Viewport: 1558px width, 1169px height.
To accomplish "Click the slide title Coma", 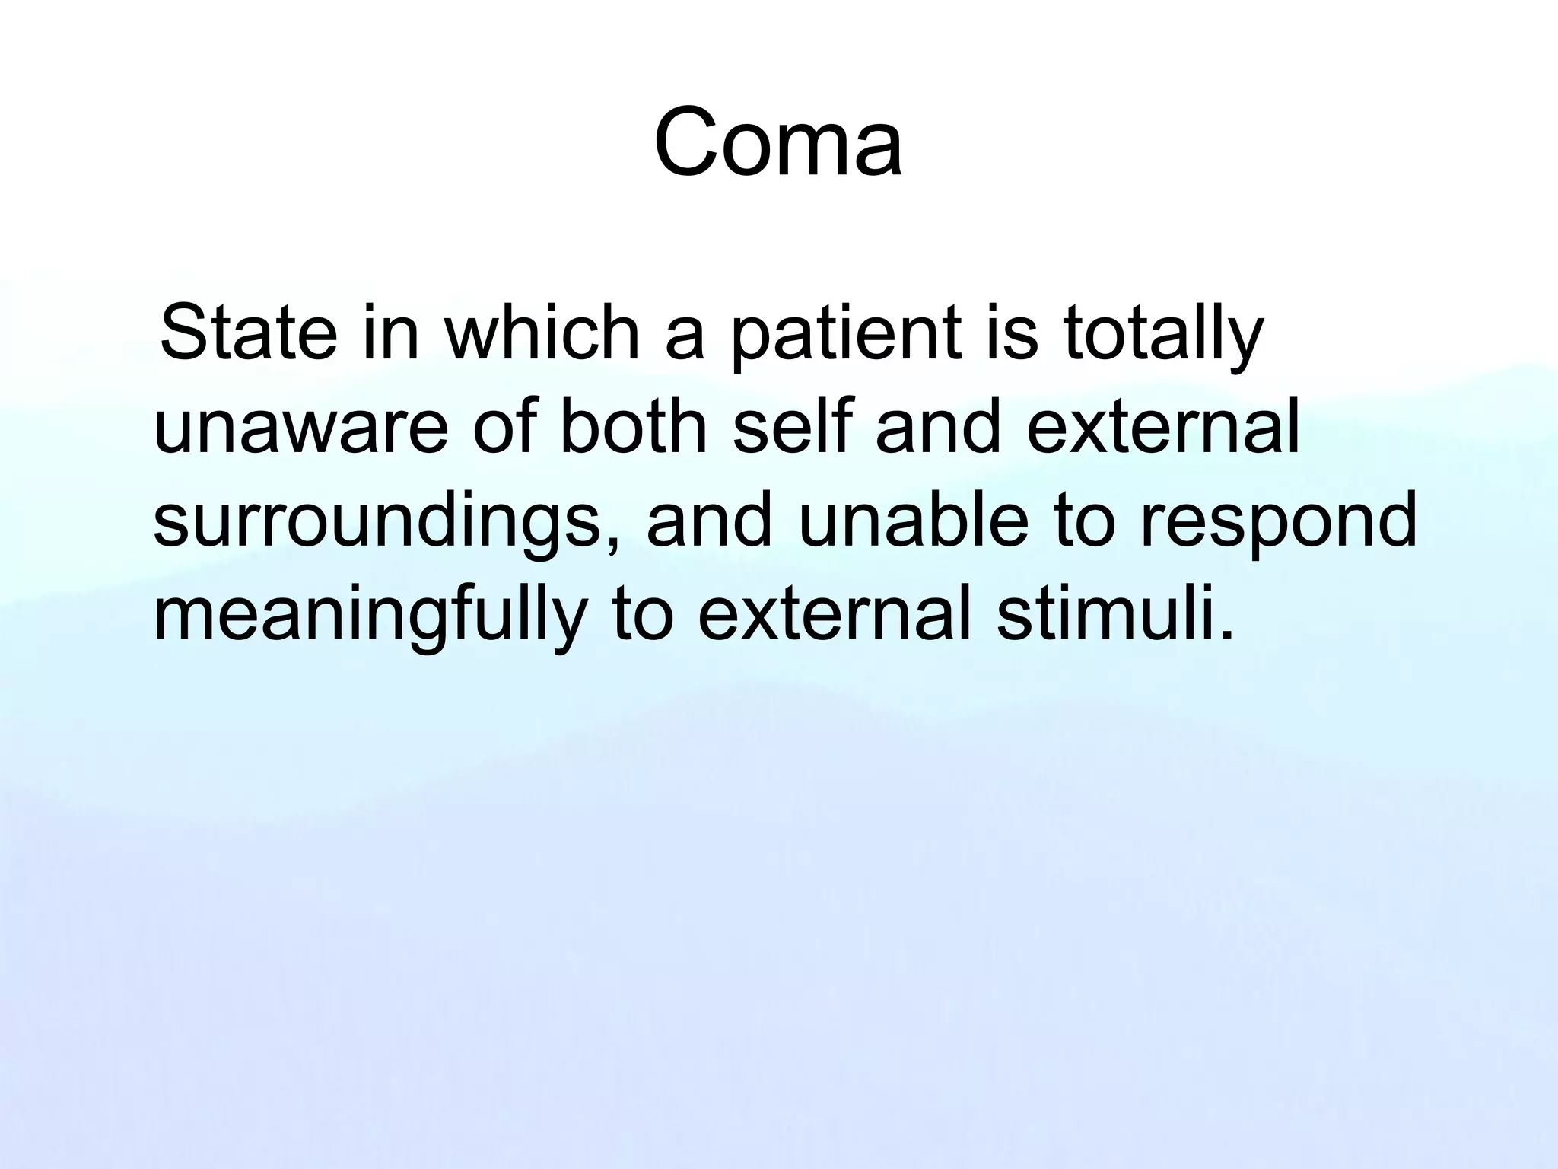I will click(778, 143).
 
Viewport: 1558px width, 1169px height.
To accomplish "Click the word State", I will click(249, 335).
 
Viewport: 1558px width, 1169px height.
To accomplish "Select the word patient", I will click(844, 335).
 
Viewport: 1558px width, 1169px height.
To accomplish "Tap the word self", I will click(791, 428).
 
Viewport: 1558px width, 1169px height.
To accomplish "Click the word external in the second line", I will click(1163, 428).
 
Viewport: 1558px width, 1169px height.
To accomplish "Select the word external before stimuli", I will click(835, 615).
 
